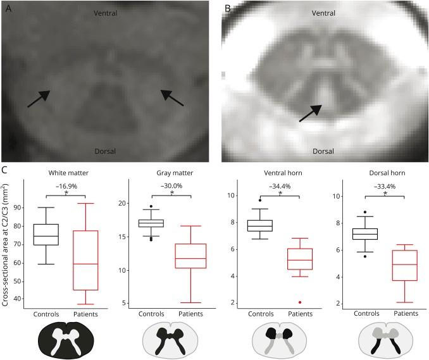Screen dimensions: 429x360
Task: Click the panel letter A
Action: (8, 8)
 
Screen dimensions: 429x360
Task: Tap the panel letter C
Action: (6, 170)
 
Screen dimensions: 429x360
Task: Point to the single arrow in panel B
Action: (311, 113)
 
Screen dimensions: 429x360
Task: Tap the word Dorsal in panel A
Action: (106, 151)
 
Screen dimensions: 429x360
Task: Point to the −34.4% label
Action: (279, 187)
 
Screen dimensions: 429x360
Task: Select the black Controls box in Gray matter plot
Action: (151, 223)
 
